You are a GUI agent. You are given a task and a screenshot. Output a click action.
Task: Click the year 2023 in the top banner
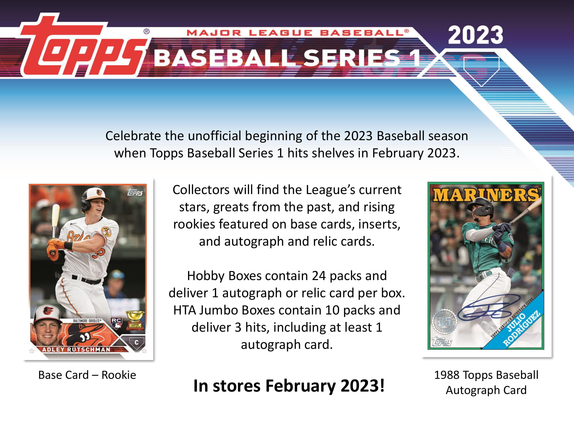coord(475,35)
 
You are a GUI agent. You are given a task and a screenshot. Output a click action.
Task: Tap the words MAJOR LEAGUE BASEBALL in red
coord(297,33)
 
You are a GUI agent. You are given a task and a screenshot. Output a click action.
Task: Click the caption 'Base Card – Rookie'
coord(87,375)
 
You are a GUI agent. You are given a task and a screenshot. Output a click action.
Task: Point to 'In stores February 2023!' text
coord(289,386)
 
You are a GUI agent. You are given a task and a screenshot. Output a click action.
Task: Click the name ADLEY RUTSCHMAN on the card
coord(76,349)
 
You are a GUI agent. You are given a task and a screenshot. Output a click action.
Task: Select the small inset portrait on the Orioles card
coord(47,325)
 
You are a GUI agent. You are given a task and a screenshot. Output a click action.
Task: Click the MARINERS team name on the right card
coord(486,195)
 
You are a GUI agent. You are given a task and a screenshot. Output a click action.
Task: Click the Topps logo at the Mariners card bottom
coord(442,342)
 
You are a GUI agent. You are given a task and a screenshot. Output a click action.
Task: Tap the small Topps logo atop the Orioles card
coord(135,192)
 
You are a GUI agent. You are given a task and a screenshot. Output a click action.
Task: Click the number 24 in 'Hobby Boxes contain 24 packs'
coord(319,276)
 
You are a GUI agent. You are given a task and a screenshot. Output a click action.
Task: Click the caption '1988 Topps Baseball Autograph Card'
coord(486,382)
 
